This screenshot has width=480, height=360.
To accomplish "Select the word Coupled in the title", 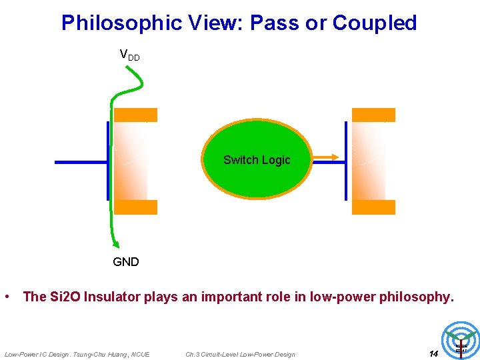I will coord(375,23).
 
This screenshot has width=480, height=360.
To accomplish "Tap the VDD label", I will coord(129,55).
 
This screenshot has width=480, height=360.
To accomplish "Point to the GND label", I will coord(126,262).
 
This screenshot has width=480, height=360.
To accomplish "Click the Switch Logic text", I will coord(257,160).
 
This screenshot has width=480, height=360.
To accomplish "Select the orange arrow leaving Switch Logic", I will coord(326,158).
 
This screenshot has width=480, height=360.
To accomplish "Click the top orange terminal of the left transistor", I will coord(135,115).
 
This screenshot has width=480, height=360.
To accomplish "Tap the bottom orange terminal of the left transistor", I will coord(135,207).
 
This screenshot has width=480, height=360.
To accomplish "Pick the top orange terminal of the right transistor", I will coord(373,115).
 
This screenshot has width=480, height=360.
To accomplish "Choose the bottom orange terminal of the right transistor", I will coord(373,207).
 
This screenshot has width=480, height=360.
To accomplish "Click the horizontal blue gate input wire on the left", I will coord(80,162).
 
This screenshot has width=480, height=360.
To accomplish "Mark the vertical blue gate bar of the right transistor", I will coord(346,161).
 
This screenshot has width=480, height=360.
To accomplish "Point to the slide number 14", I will coord(433,353).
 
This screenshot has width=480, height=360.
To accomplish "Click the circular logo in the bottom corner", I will coord(461,340).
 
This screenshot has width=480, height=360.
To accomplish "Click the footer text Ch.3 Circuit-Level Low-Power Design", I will coord(240,354).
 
